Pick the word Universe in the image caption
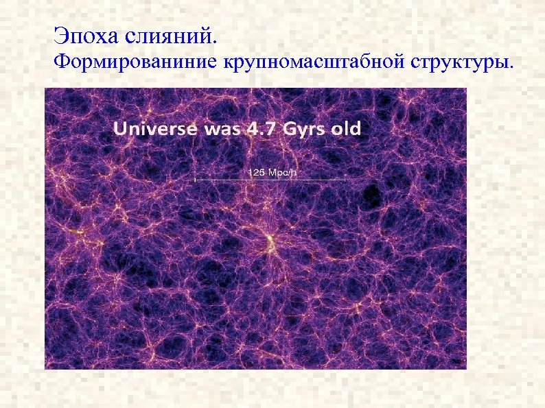point(153,128)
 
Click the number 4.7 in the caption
point(259,128)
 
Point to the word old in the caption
point(347,128)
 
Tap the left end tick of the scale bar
point(196,180)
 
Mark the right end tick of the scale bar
point(345,180)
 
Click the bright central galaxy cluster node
point(270,239)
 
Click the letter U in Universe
point(120,128)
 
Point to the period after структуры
point(510,68)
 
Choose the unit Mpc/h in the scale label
point(281,171)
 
